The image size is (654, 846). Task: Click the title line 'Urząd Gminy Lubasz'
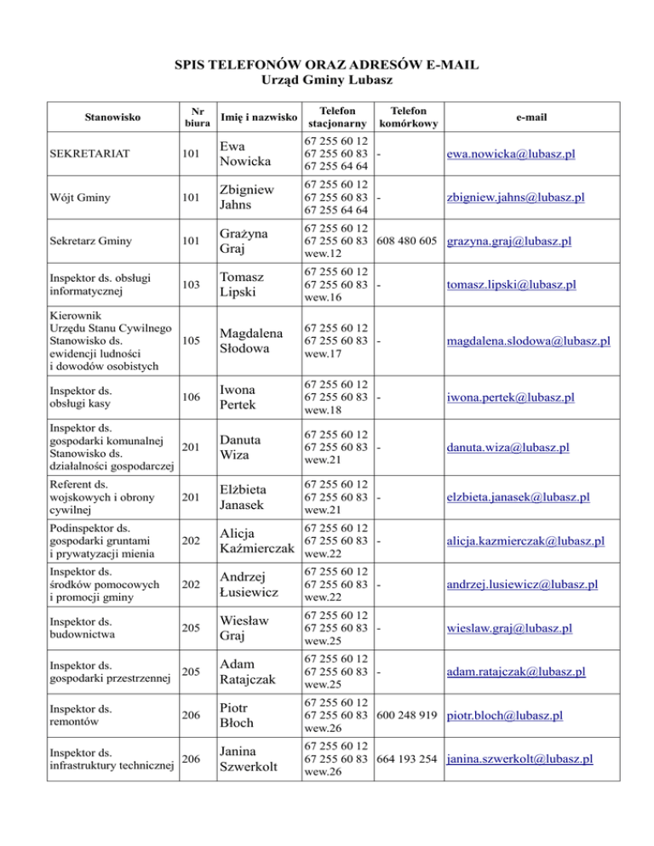coord(326,80)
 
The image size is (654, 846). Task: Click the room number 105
coord(195,341)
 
